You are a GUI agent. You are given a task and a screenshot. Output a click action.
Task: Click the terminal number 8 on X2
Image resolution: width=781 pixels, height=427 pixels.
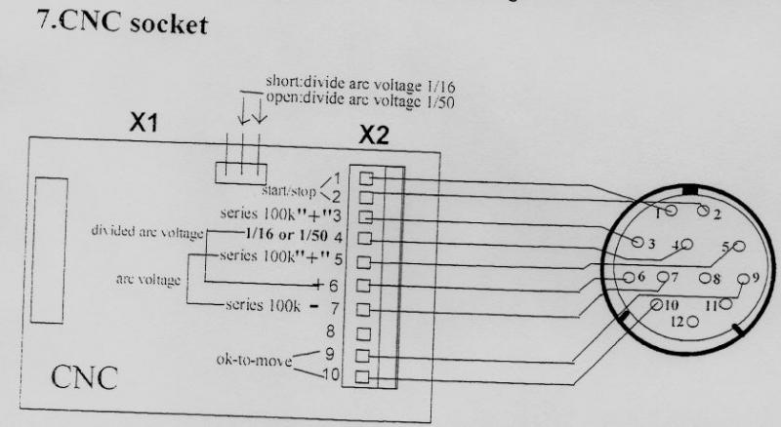(x=331, y=331)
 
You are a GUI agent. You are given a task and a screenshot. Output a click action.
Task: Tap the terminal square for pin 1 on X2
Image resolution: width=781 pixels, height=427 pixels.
(x=366, y=178)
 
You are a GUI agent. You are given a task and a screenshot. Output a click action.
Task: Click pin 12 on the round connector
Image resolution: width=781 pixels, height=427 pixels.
(x=693, y=320)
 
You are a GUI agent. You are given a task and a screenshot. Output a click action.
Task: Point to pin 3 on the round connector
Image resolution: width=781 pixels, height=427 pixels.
(x=638, y=241)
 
